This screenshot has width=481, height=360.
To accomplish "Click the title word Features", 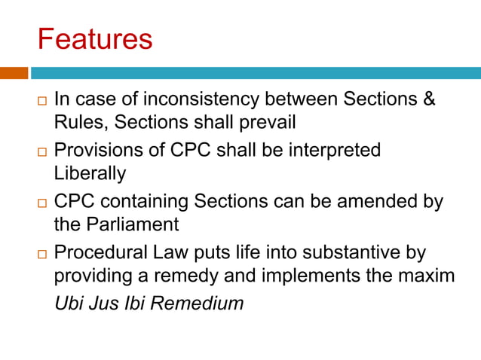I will [95, 38].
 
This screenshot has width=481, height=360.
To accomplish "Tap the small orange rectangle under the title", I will [14, 73].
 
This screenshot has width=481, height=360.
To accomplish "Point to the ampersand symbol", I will [428, 99].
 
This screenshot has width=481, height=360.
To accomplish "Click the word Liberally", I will [90, 173].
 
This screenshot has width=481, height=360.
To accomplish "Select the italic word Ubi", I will [68, 304].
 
